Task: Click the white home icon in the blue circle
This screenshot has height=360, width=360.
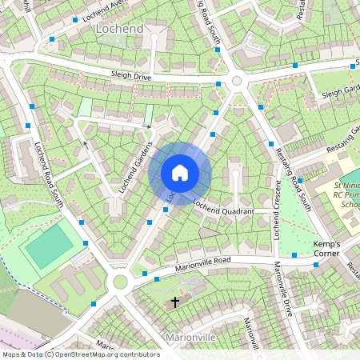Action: click(180, 173)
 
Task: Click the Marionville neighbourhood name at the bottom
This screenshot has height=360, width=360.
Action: click(190, 338)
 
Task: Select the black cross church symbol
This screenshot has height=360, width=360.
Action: click(175, 302)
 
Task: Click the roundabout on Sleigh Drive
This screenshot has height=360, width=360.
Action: click(236, 81)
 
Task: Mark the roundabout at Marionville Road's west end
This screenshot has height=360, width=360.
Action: click(121, 281)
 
